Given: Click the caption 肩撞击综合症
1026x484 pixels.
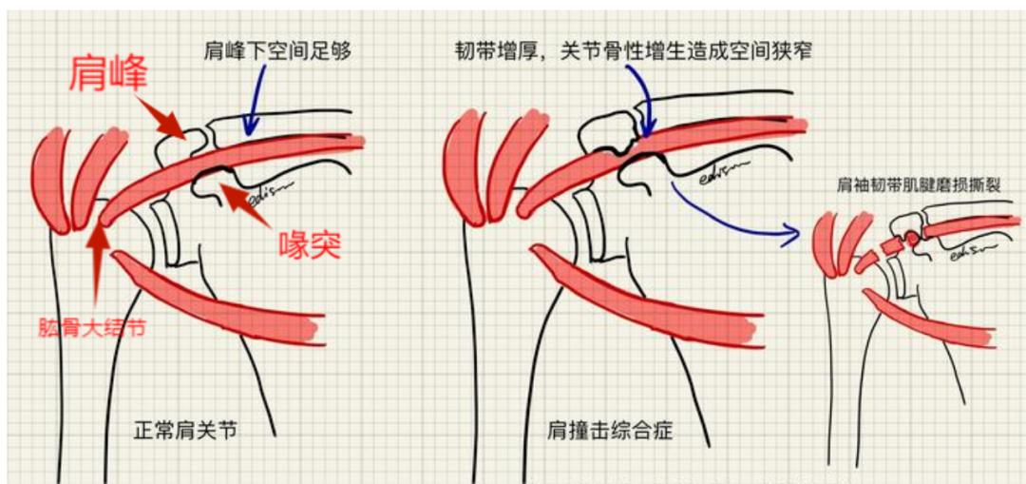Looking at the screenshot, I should [x=610, y=431].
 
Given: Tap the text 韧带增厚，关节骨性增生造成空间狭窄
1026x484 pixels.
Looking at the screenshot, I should [x=634, y=50].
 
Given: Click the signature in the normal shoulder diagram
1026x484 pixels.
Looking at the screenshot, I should [x=272, y=190].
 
